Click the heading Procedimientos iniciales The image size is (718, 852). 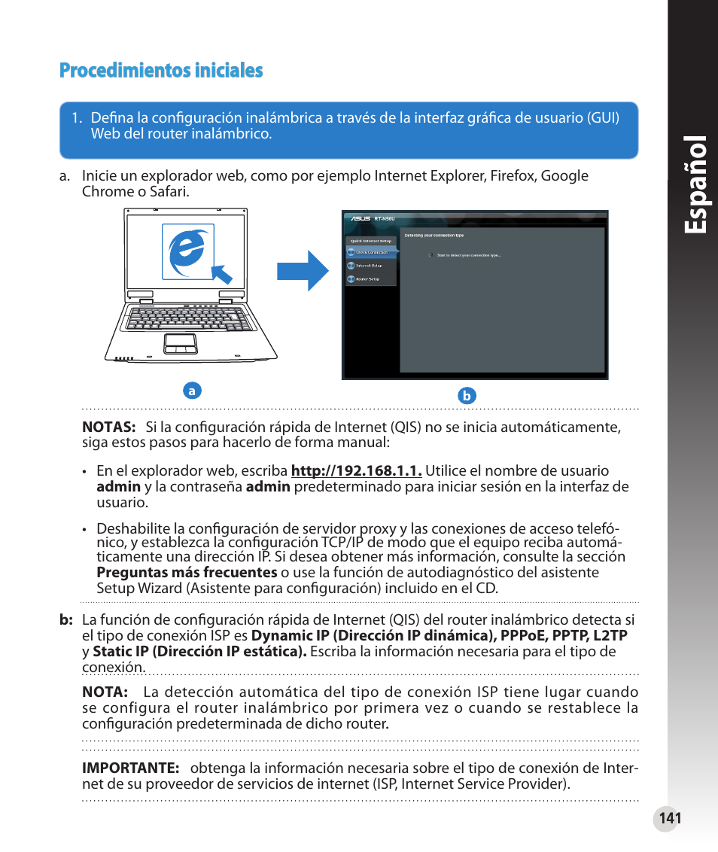click(x=161, y=71)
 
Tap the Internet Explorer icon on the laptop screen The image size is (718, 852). click(x=185, y=251)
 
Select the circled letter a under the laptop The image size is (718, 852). click(x=192, y=391)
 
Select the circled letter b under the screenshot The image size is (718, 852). click(x=467, y=396)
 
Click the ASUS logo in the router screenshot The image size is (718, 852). click(x=358, y=220)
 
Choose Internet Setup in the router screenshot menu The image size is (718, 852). click(x=368, y=266)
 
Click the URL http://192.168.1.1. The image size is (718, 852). click(x=356, y=471)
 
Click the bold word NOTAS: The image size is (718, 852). click(x=108, y=428)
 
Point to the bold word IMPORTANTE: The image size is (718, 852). click(x=130, y=768)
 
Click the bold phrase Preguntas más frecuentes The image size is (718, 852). click(x=187, y=572)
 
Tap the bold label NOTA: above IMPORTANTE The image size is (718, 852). click(x=104, y=692)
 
